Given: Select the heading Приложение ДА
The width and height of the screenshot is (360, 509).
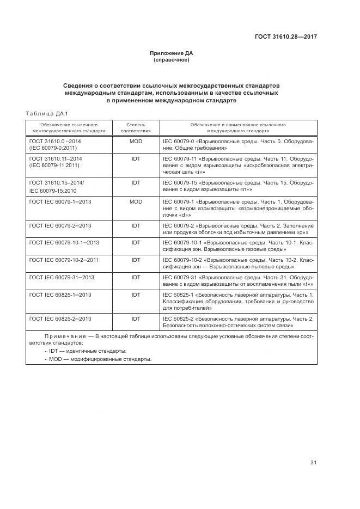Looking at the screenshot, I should pos(172,53).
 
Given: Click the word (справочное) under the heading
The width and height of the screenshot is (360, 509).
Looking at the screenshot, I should pos(172,60).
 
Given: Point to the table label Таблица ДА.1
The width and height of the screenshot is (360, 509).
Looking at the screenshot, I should pos(46,113).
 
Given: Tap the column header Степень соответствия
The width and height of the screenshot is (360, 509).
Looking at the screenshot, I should pos(136,128).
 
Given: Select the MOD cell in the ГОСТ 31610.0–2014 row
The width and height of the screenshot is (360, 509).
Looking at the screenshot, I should pos(136,140).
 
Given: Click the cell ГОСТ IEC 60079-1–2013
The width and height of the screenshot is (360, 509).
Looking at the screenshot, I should pos(60,201).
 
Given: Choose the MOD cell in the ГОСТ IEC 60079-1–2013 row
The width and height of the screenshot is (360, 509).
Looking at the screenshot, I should pos(136,201).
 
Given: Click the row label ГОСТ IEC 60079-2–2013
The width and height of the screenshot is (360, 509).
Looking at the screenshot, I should pos(60,225).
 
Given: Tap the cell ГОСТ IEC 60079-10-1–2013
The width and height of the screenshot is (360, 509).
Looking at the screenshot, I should pos(64,243).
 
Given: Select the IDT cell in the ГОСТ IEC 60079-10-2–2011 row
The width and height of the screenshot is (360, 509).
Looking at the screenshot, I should pos(136,260).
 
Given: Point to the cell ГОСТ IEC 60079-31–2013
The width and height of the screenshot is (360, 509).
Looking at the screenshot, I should pos(62,277).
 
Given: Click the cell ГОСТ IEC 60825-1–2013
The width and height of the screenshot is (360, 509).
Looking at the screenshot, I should pos(60,295).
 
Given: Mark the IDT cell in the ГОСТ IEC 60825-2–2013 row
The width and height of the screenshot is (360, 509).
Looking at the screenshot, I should pos(136,318).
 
